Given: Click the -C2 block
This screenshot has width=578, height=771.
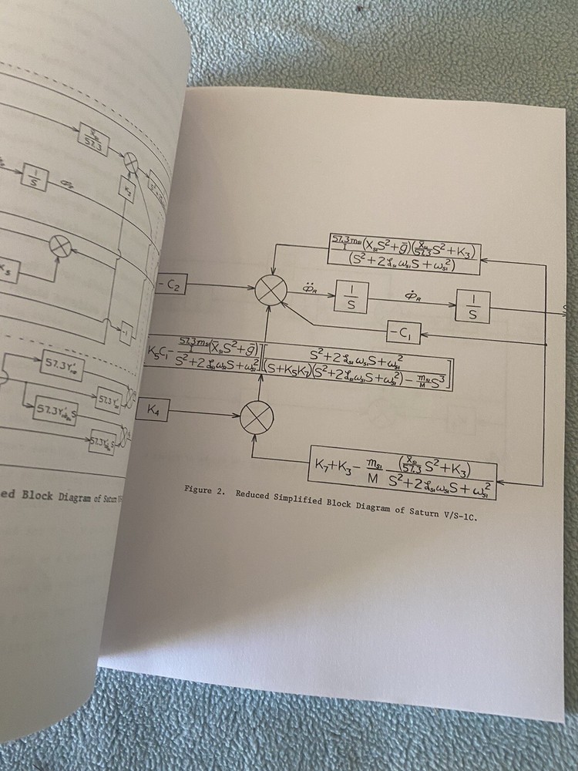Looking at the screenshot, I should pos(169,284).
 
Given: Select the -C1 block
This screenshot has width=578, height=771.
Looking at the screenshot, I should pos(402,333).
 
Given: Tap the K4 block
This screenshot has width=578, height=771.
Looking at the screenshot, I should pos(153,411).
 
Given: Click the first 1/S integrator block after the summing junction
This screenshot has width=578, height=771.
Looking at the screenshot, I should pos(351,296).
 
